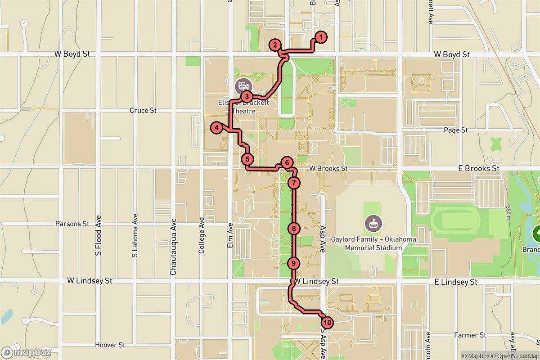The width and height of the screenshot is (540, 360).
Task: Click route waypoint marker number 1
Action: click(x=320, y=37)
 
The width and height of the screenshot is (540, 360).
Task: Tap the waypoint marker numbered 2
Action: click(x=274, y=45)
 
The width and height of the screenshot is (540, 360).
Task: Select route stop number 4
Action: click(x=217, y=128)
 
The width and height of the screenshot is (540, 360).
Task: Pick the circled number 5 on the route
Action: click(x=247, y=159)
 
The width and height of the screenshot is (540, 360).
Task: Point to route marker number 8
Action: click(x=293, y=229)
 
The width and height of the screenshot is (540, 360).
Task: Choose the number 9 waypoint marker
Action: click(x=293, y=263)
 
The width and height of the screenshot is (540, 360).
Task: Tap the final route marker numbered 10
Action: click(x=327, y=323)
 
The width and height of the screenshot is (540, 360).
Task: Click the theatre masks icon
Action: click(x=243, y=85)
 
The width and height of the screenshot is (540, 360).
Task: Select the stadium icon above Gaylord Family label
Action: click(x=373, y=222)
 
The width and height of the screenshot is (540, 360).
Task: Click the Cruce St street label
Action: click(x=143, y=110)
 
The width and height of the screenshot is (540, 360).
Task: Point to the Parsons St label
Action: click(x=72, y=224)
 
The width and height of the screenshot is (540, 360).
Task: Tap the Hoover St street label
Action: click(x=110, y=345)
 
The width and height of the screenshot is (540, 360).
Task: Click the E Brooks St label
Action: click(x=478, y=168)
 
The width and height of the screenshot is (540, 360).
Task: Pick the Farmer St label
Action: click(x=470, y=335)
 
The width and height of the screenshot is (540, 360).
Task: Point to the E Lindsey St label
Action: click(x=456, y=282)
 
